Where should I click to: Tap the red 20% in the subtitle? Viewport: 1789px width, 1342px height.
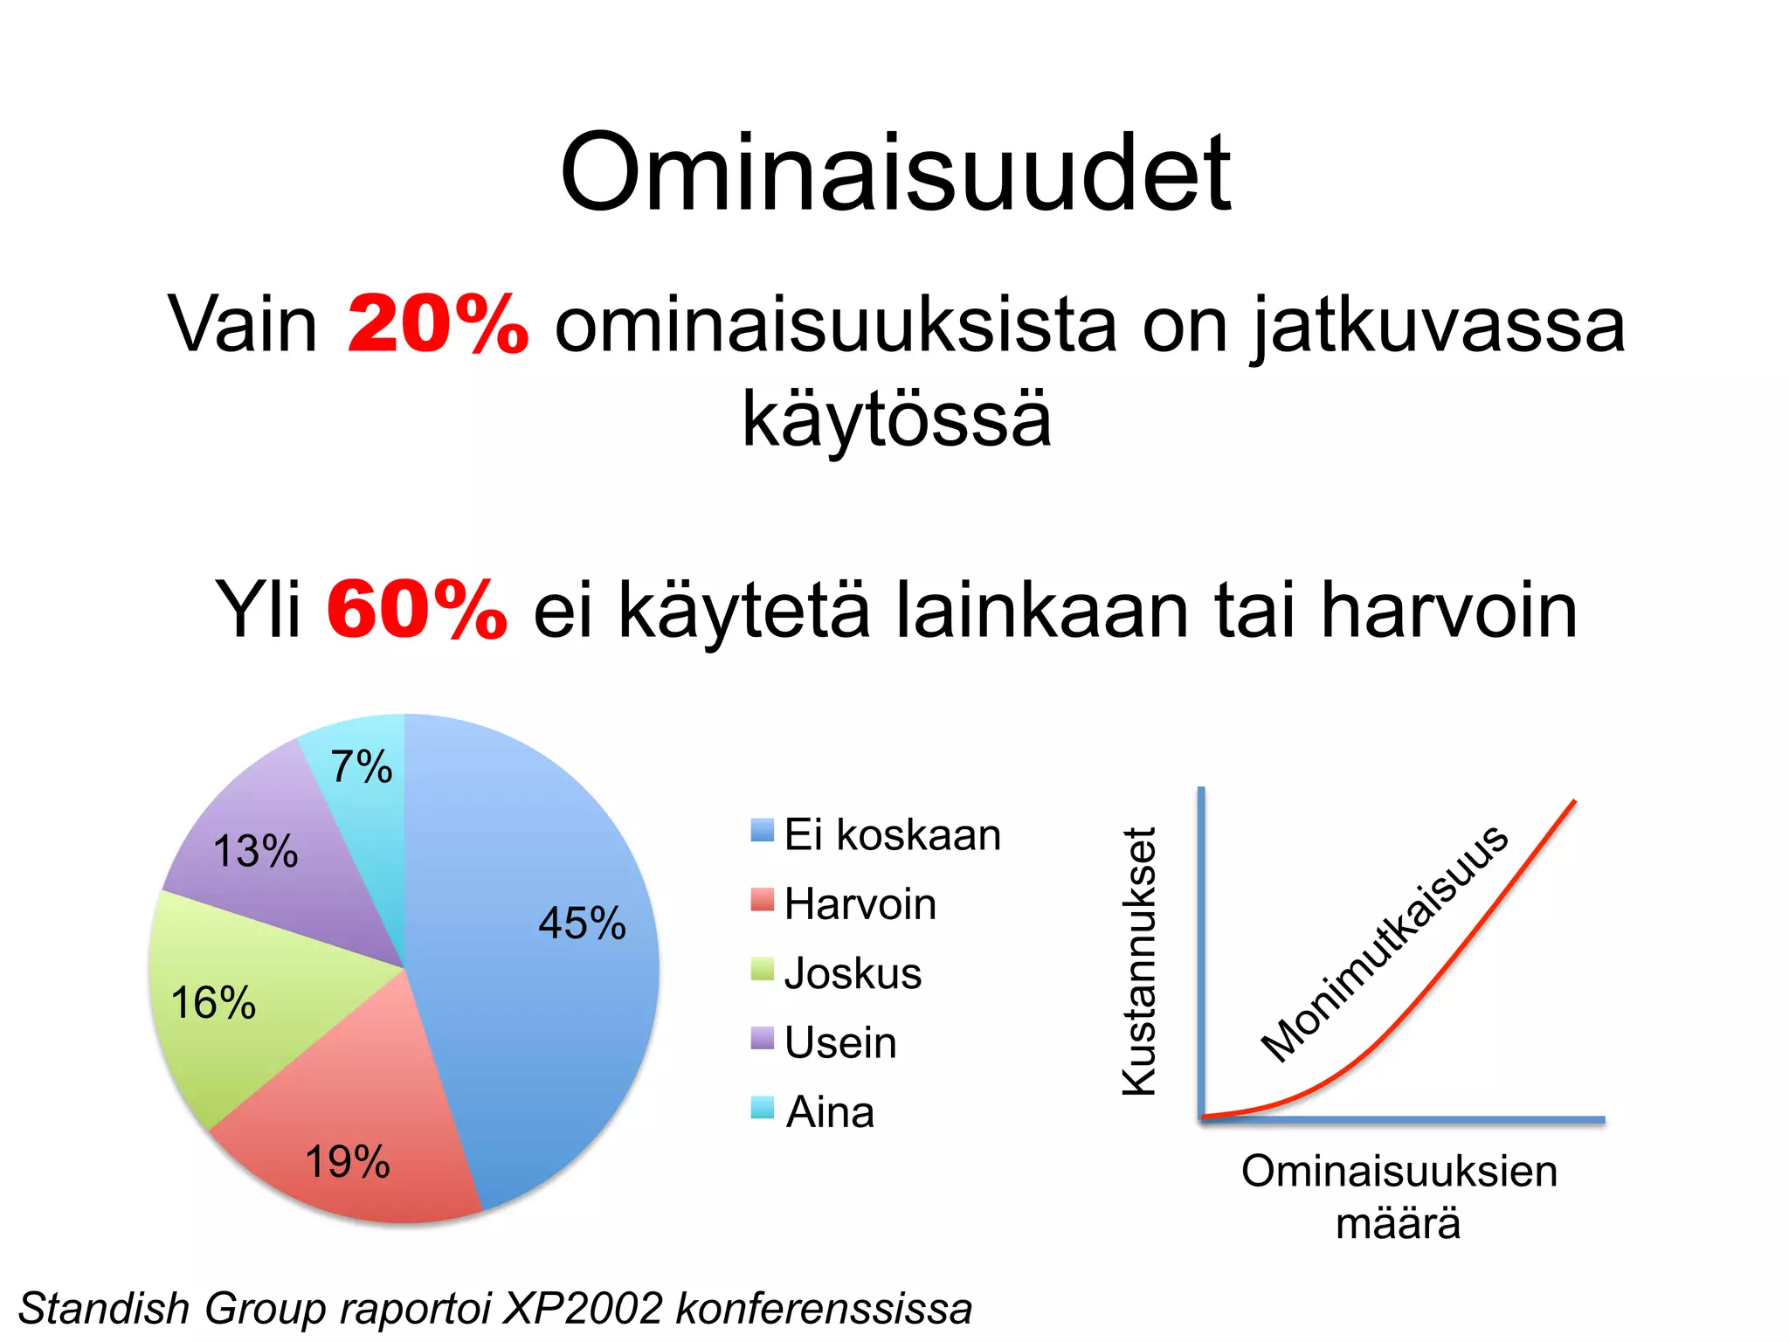pyautogui.click(x=437, y=324)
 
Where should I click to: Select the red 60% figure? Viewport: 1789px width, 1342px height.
pyautogui.click(x=417, y=609)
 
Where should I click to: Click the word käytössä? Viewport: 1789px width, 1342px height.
pyautogui.click(x=896, y=419)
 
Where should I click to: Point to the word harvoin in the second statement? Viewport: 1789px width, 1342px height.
pyautogui.click(x=1448, y=609)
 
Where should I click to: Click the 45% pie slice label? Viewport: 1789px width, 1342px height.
pyautogui.click(x=582, y=923)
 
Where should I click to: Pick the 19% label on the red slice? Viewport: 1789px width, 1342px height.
pyautogui.click(x=347, y=1162)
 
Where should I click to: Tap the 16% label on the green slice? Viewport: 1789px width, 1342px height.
pyautogui.click(x=213, y=1002)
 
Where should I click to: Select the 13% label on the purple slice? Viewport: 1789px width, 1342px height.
pyautogui.click(x=255, y=851)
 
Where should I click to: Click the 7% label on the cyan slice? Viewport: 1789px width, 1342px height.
pyautogui.click(x=361, y=767)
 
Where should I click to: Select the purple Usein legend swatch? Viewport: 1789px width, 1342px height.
pyautogui.click(x=763, y=1038)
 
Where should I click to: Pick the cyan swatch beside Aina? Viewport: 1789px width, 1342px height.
pyautogui.click(x=763, y=1107)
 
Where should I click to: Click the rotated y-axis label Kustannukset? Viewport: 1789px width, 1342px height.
pyautogui.click(x=1139, y=961)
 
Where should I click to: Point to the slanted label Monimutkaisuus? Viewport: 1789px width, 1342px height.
pyautogui.click(x=1384, y=944)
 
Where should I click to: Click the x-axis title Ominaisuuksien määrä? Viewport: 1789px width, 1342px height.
pyautogui.click(x=1399, y=1196)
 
